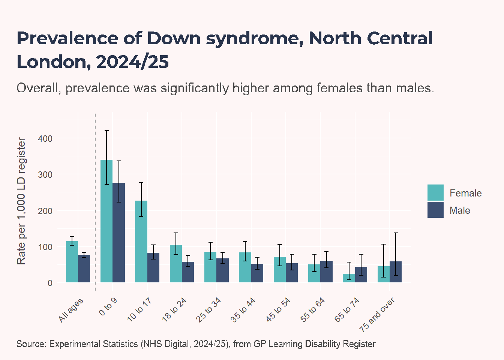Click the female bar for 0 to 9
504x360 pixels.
pos(106,221)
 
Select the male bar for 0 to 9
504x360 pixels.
pos(118,232)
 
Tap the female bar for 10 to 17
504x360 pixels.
pos(141,241)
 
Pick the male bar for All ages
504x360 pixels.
pos(84,268)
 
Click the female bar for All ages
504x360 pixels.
pos(72,262)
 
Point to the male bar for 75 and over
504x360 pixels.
pos(396,272)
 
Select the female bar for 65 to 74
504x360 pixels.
pos(349,278)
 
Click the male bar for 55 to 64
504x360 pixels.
pos(326,271)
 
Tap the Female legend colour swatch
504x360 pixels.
pos(435,192)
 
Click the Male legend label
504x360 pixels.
pos(460,211)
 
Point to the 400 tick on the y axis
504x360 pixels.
pos(45,139)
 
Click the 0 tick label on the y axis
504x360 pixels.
pos(50,283)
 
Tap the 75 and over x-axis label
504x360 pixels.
pos(377,315)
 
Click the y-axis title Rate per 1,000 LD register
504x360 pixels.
pos(21,201)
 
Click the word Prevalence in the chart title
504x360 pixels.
pos(67,38)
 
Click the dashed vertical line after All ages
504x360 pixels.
pos(95,202)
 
